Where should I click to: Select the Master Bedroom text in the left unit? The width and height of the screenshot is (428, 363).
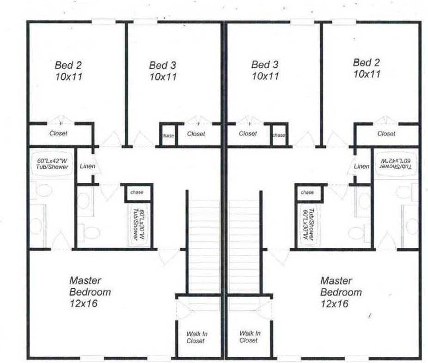[90, 286]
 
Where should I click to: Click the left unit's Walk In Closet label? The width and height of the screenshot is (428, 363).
[196, 337]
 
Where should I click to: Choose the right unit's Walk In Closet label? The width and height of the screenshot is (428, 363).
[249, 336]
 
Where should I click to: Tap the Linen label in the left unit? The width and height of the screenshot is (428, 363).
[87, 166]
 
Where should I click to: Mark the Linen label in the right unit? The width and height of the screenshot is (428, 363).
[361, 166]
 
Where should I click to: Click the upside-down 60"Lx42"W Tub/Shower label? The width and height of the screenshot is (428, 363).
[395, 162]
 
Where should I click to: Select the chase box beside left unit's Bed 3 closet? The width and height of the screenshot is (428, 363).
[167, 135]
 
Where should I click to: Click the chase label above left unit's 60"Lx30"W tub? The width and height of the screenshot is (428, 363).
[137, 192]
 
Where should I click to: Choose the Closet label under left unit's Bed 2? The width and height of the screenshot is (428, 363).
[59, 133]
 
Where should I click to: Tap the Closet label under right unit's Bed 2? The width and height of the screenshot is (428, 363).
[386, 134]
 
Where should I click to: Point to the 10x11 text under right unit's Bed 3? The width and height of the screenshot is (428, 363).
[265, 76]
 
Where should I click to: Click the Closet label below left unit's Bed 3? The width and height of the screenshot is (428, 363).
[196, 134]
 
